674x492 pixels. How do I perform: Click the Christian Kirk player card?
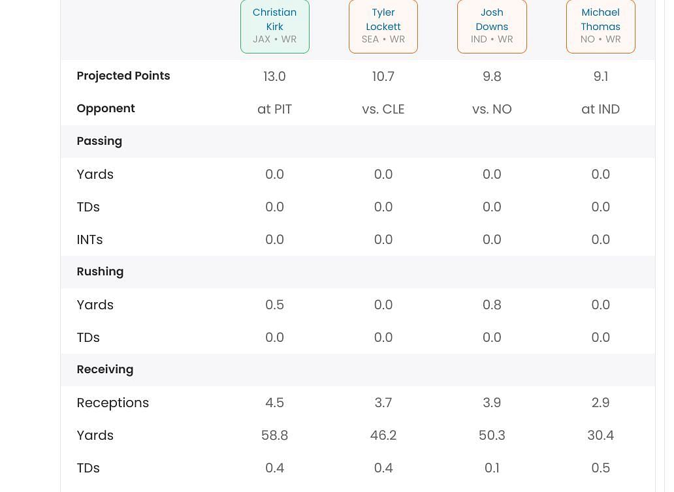(274, 25)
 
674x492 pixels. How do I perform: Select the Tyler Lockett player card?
(383, 25)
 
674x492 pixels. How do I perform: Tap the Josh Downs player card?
(492, 25)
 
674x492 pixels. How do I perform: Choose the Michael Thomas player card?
(600, 25)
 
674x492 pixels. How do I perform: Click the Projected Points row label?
(123, 76)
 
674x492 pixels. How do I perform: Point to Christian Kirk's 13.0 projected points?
(274, 76)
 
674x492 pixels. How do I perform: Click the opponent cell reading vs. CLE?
(383, 109)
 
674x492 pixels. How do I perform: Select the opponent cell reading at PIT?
(274, 109)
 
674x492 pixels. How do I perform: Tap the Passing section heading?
(99, 141)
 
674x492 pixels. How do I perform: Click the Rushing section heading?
(100, 271)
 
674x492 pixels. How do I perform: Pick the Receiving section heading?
(104, 369)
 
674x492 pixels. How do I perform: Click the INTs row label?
(89, 239)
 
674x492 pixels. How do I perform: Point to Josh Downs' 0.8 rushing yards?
(492, 305)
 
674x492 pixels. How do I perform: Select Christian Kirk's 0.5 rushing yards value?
(274, 305)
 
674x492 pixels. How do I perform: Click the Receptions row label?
(112, 403)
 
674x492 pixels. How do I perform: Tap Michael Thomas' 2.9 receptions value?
(600, 403)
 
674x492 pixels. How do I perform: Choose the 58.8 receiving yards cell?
(274, 435)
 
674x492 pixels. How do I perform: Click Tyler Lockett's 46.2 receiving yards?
(383, 435)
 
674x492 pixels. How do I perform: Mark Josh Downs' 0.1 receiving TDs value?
(492, 468)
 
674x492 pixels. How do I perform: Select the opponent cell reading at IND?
(600, 109)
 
